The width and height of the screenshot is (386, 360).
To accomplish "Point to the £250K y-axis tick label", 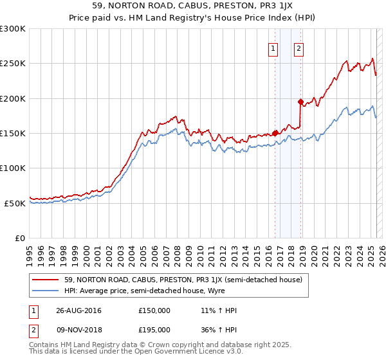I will pos(13,64).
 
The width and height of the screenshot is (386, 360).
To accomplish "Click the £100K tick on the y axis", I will pos(13,168).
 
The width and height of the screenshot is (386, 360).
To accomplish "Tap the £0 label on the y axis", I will pos(20,238).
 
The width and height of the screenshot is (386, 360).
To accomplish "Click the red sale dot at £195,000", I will pos(300,102).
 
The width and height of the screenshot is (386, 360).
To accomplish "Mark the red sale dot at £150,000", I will pos(275,133).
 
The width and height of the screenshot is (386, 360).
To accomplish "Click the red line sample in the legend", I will pos(45,280).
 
